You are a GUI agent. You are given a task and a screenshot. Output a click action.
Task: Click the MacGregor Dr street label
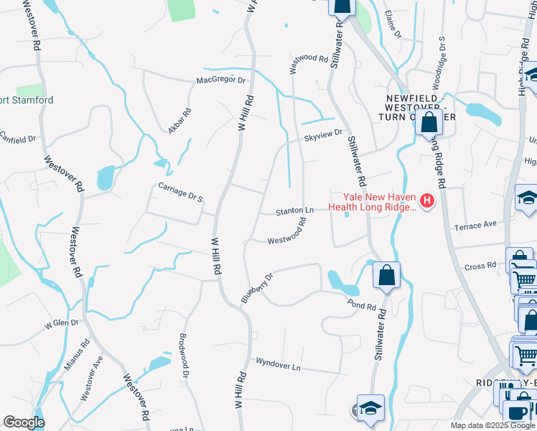click(221, 80)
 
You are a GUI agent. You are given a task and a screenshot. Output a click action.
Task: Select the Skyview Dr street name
click(324, 133)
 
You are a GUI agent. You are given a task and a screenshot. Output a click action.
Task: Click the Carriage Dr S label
click(181, 192)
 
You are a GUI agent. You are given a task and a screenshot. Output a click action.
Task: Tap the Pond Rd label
click(362, 306)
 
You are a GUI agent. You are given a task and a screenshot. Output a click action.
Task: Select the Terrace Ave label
click(475, 224)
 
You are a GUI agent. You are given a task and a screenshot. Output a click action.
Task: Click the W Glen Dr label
click(61, 324)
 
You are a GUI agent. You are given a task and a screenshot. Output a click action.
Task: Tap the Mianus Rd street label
click(75, 356)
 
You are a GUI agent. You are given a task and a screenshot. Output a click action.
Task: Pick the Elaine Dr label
click(391, 24)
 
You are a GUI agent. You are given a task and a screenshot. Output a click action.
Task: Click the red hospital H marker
click(428, 200)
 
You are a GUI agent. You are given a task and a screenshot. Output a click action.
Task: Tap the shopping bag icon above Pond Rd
click(386, 274)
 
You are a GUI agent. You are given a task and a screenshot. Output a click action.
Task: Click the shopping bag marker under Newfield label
click(429, 121)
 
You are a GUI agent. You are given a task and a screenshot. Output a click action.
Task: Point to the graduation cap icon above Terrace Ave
click(526, 198)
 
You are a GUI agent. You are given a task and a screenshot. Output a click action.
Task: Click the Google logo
click(23, 422)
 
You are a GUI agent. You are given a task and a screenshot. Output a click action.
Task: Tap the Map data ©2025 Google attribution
click(492, 425)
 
